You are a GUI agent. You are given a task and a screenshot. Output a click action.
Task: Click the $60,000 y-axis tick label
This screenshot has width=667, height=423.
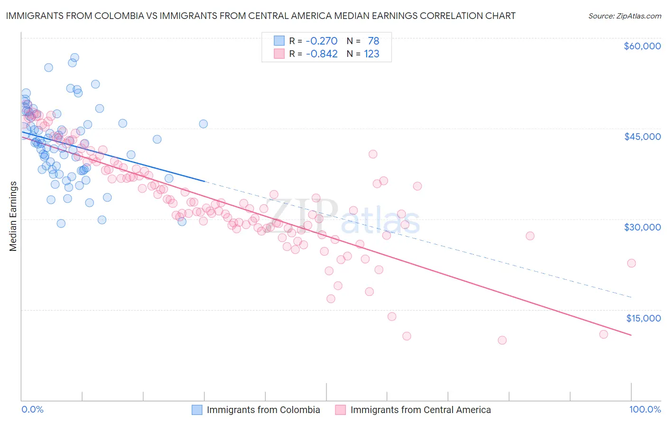point(642,46)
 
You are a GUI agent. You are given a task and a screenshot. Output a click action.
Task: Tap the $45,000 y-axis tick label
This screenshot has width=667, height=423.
point(642,137)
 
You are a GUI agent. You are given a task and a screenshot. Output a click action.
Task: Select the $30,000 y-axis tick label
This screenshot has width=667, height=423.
point(642,227)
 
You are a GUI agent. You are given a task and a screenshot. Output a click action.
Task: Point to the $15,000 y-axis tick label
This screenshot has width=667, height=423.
point(643,318)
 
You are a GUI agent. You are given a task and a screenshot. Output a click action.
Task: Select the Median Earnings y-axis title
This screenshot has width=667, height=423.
point(13,216)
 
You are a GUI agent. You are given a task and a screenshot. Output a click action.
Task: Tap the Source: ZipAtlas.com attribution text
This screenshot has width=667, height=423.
point(624,16)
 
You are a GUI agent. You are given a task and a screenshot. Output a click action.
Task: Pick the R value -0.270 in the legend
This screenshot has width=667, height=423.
point(322,41)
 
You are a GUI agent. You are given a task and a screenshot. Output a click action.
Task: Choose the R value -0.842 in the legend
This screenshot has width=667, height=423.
point(322,54)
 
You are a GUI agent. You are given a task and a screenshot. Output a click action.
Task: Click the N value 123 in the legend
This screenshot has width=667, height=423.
point(371,54)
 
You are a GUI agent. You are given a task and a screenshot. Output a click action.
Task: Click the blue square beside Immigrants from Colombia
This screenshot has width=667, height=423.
point(197,410)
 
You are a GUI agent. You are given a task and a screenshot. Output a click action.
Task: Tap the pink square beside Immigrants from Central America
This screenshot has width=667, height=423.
point(340,410)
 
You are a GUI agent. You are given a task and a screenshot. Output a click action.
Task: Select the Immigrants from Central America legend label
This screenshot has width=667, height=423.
point(420,410)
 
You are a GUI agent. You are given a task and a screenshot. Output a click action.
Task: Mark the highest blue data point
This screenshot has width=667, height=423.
point(74,58)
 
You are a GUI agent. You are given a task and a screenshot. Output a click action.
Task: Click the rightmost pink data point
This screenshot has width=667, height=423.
point(631,263)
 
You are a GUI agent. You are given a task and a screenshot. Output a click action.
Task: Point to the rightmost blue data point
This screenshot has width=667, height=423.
point(203,124)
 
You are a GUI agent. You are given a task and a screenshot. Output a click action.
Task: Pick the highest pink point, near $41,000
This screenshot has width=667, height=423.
point(373,154)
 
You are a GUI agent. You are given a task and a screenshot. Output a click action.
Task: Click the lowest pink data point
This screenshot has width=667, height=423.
point(502,340)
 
